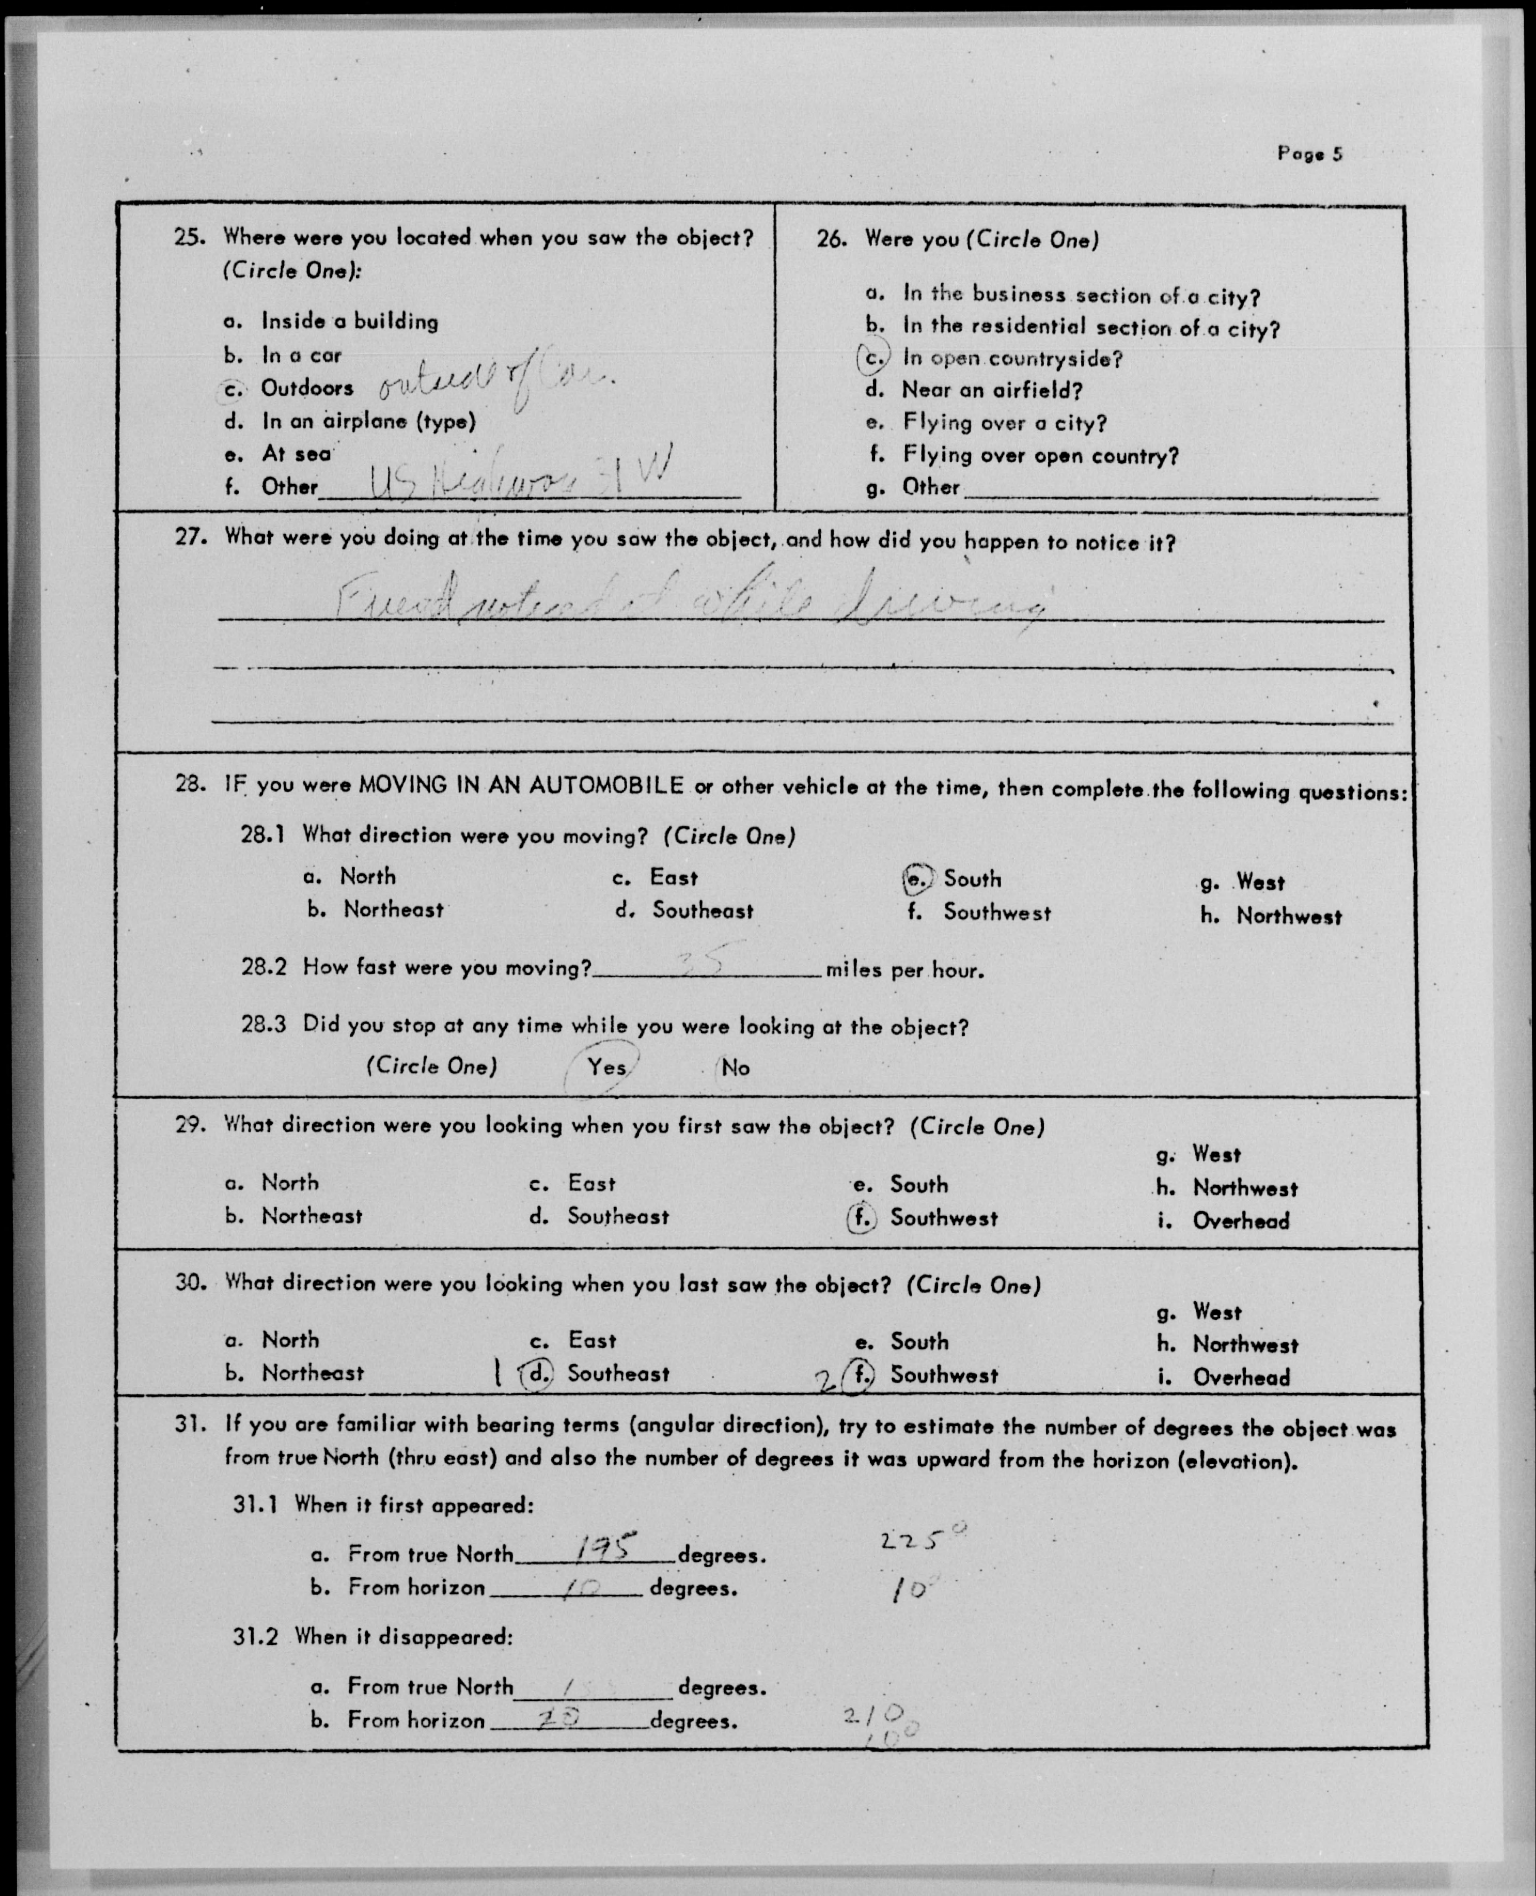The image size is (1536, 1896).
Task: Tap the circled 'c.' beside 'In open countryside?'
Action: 874,359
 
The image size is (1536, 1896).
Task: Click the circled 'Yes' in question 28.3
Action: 607,1067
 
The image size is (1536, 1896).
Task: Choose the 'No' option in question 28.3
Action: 735,1068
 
